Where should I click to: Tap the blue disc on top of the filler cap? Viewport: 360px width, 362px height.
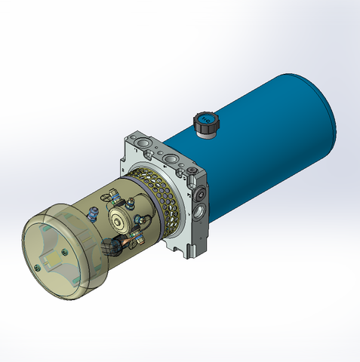click(205, 118)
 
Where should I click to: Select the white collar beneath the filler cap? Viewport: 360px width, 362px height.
click(205, 133)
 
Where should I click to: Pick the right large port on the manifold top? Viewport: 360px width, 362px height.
click(174, 160)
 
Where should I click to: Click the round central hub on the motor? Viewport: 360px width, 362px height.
click(120, 219)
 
